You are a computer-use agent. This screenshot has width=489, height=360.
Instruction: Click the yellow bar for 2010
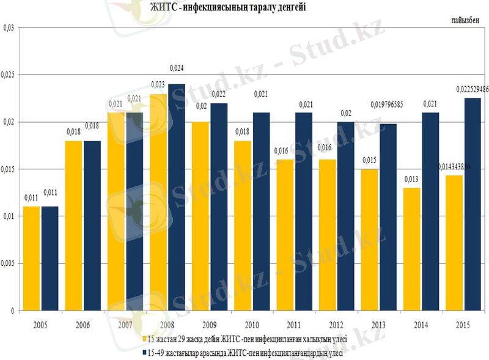tap(243, 226)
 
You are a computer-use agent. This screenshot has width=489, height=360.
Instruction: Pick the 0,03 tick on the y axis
tap(9, 28)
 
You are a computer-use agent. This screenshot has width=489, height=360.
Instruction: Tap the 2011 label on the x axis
tap(293, 324)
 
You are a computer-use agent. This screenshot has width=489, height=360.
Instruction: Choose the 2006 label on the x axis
tap(83, 324)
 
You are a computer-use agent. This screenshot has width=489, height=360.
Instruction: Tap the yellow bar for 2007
tap(116, 211)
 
